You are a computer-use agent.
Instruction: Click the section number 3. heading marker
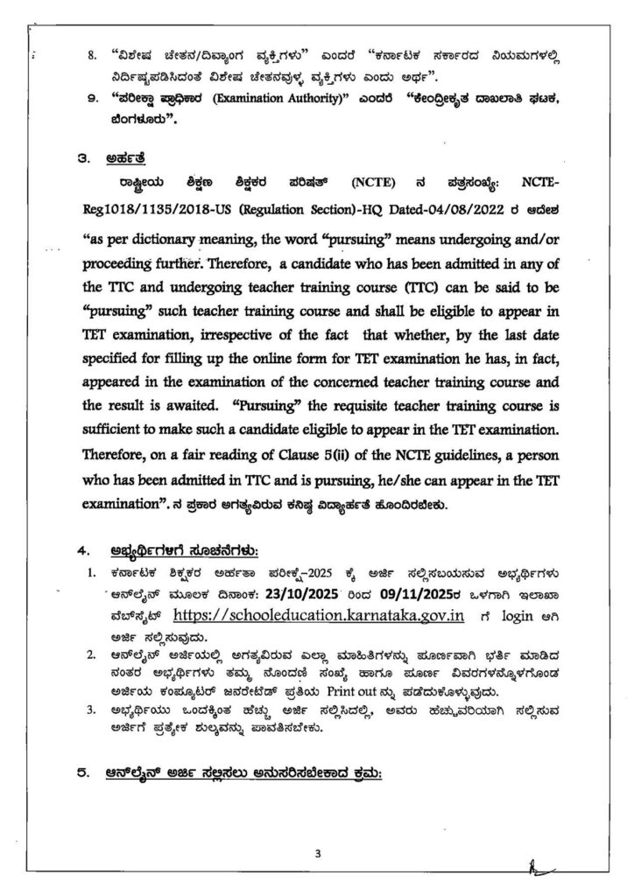tap(83, 159)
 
